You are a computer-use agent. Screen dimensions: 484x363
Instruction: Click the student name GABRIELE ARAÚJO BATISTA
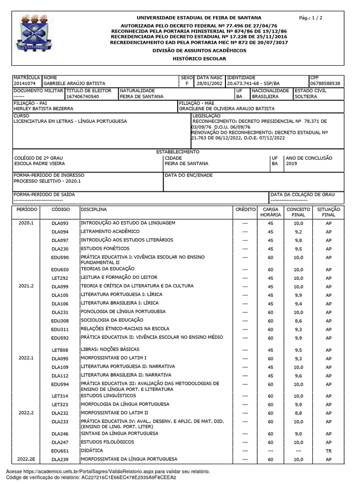click(74, 84)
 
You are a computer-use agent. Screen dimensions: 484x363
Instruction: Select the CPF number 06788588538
click(325, 84)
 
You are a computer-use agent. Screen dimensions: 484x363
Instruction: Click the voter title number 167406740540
click(83, 96)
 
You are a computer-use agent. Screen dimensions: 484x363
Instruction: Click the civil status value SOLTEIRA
click(305, 96)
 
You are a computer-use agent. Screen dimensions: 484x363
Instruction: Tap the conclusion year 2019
click(291, 164)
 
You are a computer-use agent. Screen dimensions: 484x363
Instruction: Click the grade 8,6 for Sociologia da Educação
click(298, 320)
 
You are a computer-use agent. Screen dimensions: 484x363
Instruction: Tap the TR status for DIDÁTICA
click(328, 451)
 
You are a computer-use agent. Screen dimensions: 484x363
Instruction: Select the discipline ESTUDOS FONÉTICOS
click(101, 248)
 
